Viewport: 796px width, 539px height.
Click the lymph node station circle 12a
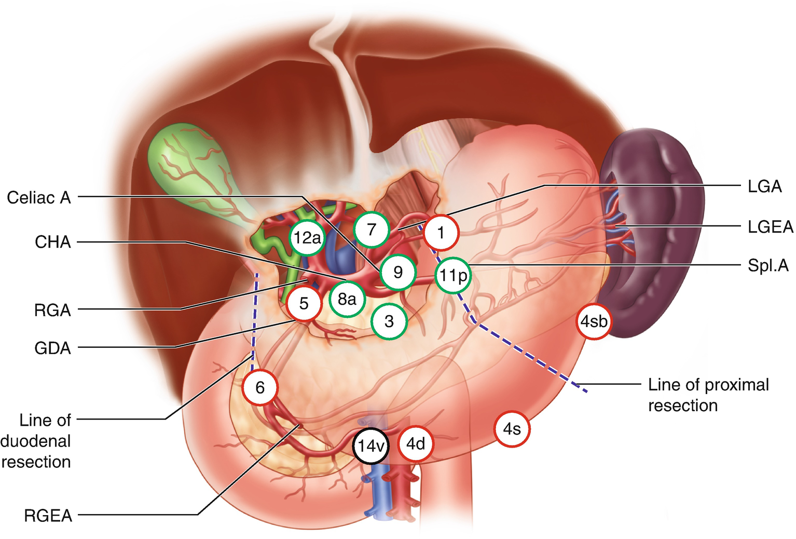click(x=307, y=238)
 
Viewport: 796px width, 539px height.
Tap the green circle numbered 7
click(x=372, y=229)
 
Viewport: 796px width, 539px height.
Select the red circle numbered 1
click(x=441, y=233)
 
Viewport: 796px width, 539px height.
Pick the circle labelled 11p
click(x=453, y=275)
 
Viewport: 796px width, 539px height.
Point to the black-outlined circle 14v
click(x=370, y=446)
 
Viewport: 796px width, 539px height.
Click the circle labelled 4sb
click(x=593, y=321)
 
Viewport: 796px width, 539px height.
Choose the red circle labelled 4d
click(x=415, y=444)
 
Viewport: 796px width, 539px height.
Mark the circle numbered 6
click(x=260, y=387)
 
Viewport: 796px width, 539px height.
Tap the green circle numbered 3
click(x=389, y=321)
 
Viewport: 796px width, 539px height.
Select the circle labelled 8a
click(x=347, y=299)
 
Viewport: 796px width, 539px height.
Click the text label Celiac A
click(x=39, y=198)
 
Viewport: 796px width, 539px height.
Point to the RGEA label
click(x=48, y=516)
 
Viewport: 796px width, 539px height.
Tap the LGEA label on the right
click(x=770, y=227)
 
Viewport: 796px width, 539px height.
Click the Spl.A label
click(x=767, y=266)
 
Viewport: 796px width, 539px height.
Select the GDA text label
click(x=52, y=348)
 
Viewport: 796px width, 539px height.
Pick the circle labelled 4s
click(x=512, y=429)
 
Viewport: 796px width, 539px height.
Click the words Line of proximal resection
click(x=708, y=395)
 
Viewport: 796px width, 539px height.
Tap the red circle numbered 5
click(x=304, y=303)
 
